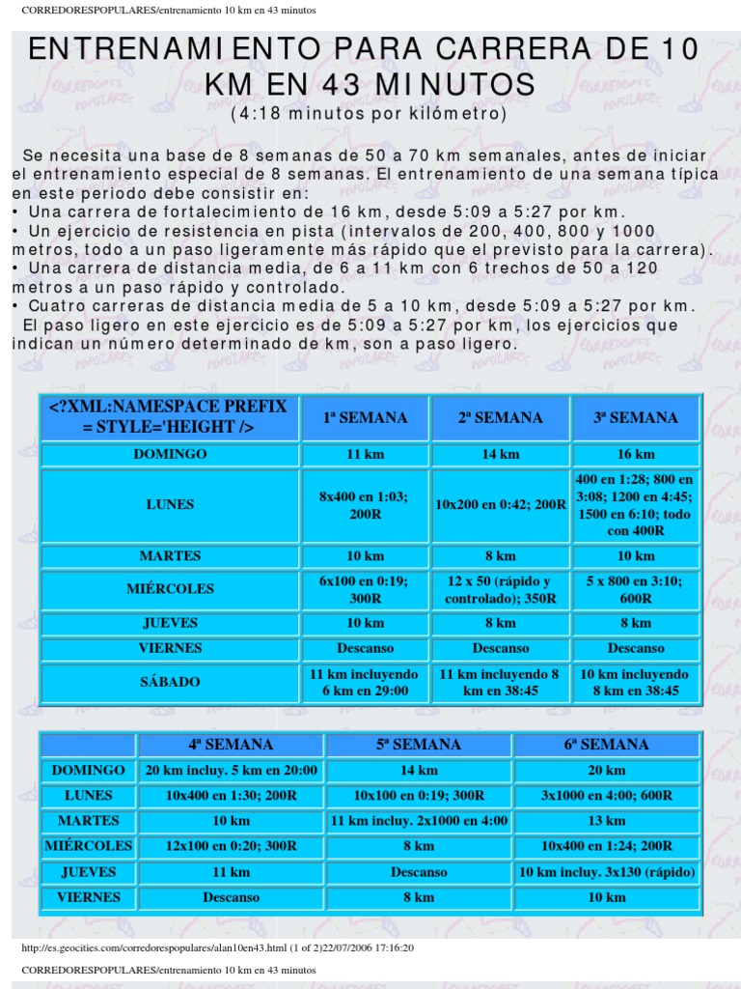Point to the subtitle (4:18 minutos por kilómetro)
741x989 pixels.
[369, 114]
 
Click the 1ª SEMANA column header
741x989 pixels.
[365, 418]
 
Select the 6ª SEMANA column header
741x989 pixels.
[606, 745]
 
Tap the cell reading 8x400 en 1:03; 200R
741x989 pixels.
[365, 504]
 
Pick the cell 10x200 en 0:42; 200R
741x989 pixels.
[501, 504]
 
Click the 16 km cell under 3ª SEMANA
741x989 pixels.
[636, 454]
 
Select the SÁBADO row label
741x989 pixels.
[169, 682]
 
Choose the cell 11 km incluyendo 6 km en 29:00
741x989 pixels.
[365, 682]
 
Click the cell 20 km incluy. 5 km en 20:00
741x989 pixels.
[231, 771]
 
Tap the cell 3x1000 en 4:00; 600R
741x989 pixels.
[606, 796]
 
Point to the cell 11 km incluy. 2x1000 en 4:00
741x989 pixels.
[419, 821]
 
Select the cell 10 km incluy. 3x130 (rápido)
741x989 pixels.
[606, 872]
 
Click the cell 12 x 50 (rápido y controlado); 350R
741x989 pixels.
[501, 589]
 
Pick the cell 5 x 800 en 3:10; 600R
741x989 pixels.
[636, 589]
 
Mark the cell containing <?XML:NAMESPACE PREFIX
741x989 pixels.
[169, 417]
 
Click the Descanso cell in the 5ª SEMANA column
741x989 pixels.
[419, 872]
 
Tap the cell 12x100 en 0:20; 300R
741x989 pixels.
[231, 846]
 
